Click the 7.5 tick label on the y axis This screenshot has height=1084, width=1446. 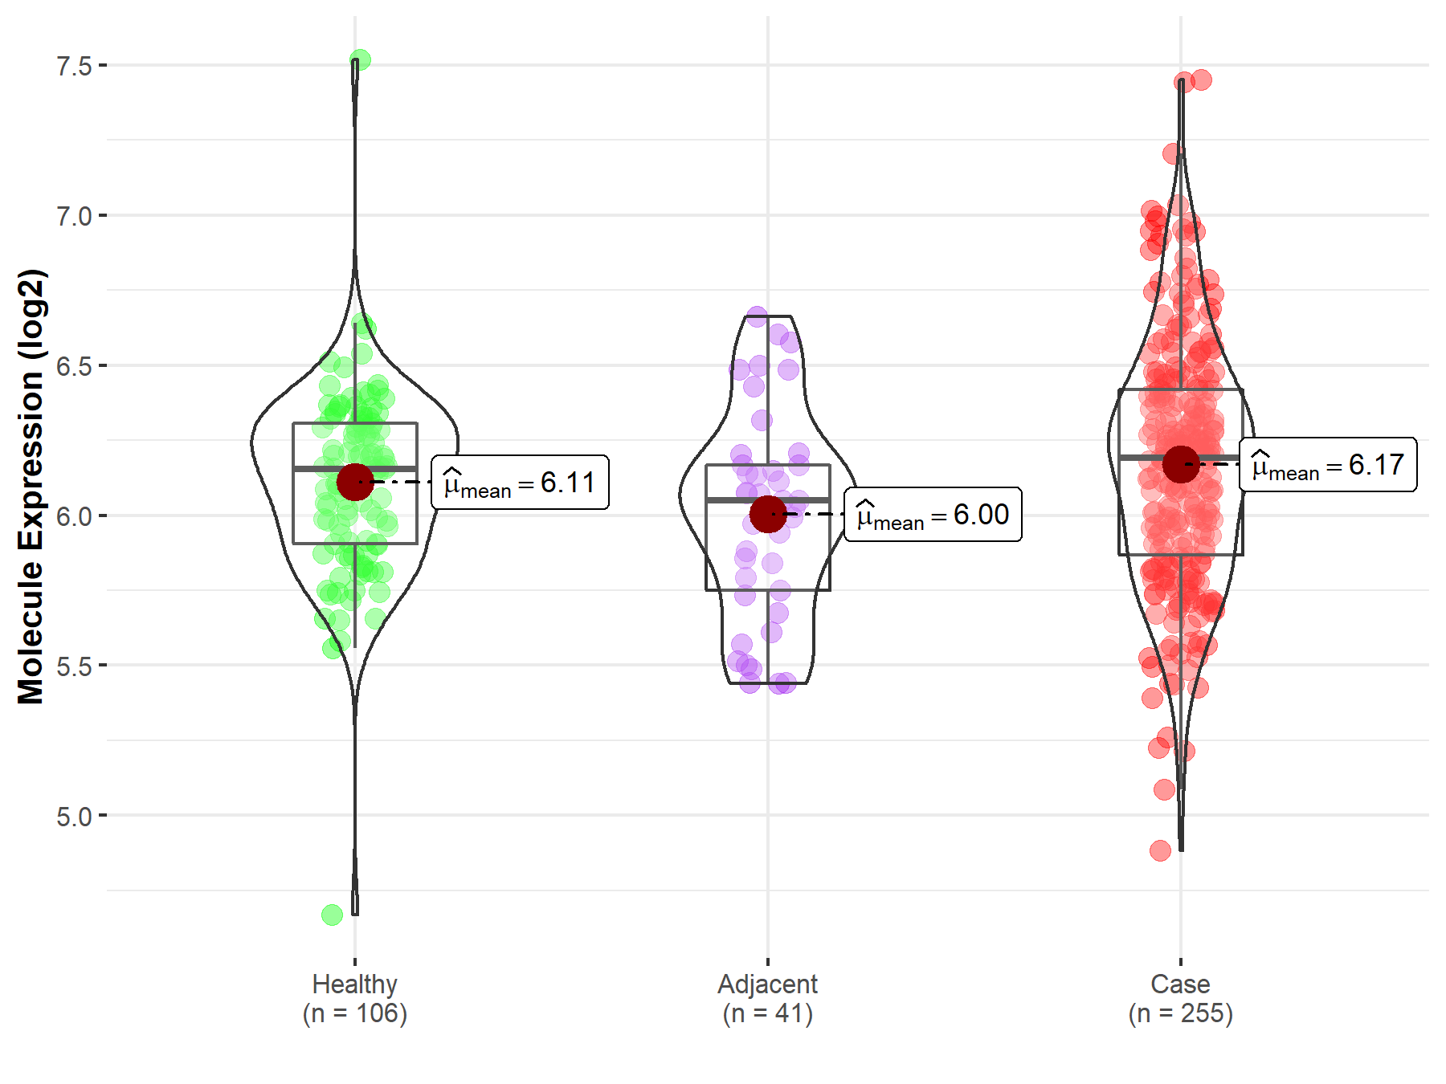click(74, 66)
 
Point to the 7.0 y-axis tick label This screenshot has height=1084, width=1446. click(74, 216)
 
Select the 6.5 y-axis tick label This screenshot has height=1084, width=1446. click(74, 366)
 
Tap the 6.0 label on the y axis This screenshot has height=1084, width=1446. click(74, 516)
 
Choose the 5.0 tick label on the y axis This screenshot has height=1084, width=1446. click(74, 817)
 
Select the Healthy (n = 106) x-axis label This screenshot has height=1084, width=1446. click(355, 998)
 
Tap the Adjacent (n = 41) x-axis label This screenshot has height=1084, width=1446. click(768, 998)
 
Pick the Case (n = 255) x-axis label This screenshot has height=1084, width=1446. click(1180, 998)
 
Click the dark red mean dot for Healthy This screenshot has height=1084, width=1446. click(355, 482)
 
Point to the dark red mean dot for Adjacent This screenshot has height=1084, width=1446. click(768, 514)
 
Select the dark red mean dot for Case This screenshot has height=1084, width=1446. click(1180, 464)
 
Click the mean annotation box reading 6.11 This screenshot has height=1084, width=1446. click(520, 483)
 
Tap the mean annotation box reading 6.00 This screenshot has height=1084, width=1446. click(933, 515)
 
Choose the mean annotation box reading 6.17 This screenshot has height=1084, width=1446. click(1328, 465)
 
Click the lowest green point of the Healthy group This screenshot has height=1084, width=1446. click(333, 915)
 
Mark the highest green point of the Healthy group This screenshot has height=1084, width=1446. click(360, 60)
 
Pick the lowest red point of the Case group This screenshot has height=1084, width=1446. click(1160, 850)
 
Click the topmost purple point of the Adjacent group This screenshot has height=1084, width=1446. click(757, 316)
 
